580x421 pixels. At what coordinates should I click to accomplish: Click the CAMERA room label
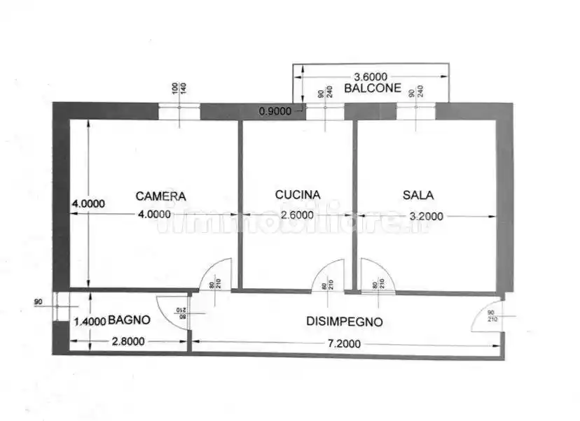coord(161,196)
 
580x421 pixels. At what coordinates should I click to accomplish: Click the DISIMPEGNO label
coord(345,322)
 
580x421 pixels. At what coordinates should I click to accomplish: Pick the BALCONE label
coord(373,89)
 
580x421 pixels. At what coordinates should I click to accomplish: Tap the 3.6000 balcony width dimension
coord(371,76)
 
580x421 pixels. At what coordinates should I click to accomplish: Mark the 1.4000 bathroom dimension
coord(90,322)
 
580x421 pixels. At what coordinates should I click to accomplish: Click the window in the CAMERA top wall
coord(179,111)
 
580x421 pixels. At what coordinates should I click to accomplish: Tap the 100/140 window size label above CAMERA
coord(179,89)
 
